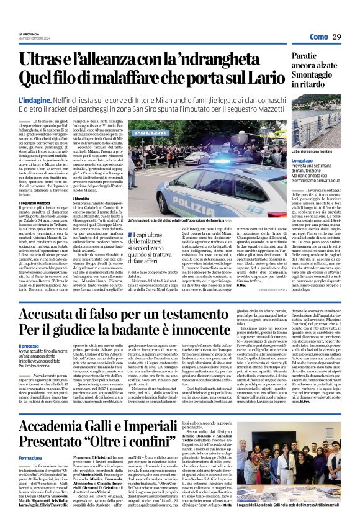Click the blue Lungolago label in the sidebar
pos(307,159)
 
